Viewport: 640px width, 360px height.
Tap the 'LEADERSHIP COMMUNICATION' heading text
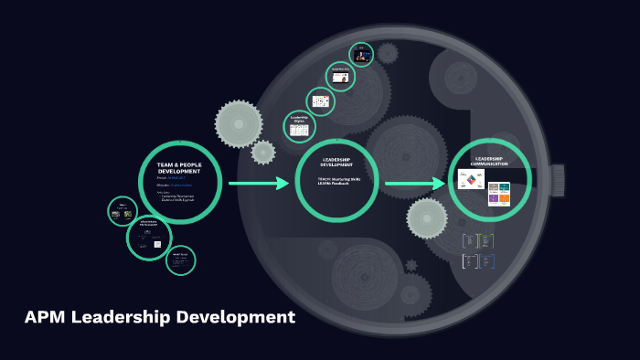(x=488, y=161)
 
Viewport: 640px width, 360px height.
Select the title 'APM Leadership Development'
(x=159, y=318)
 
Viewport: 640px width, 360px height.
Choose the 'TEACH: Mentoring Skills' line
(x=338, y=178)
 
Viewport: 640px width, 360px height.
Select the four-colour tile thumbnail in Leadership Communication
(x=498, y=193)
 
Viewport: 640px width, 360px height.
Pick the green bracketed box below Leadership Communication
(x=487, y=240)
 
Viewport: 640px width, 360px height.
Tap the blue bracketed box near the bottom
(x=487, y=261)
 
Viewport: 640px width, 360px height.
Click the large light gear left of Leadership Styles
(x=239, y=123)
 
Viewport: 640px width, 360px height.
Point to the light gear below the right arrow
(x=427, y=217)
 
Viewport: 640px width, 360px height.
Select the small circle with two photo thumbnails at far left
(x=123, y=212)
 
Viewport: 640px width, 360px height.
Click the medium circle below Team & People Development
(x=149, y=238)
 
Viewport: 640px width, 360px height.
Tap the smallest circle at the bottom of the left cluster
(x=180, y=259)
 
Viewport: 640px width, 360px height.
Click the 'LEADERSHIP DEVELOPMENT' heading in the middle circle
(x=337, y=162)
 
